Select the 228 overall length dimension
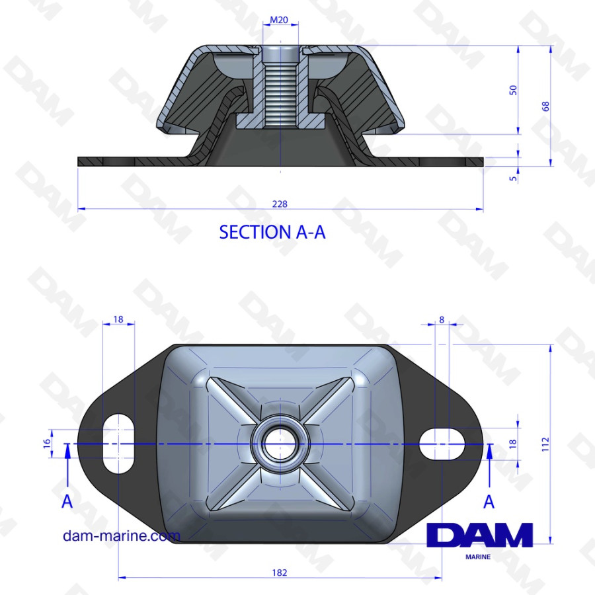(x=280, y=204)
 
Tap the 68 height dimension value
(x=545, y=106)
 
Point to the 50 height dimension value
(x=512, y=90)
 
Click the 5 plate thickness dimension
(x=513, y=178)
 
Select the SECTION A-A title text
(x=272, y=232)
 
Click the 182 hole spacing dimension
(x=280, y=573)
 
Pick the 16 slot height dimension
(x=47, y=444)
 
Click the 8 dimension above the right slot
(x=442, y=319)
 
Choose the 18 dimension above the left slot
(x=119, y=319)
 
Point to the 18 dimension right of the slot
(x=512, y=444)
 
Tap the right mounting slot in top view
(x=442, y=444)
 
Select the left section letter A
(x=67, y=502)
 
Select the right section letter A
(x=489, y=502)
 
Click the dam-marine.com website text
(x=121, y=535)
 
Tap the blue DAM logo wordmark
(x=480, y=535)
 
